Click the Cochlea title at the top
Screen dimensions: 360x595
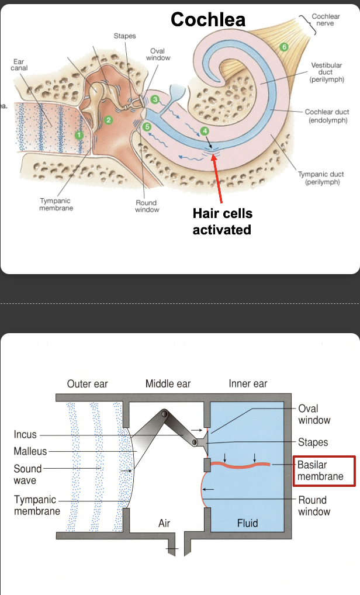coord(208,19)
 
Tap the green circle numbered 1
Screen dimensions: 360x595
coord(80,135)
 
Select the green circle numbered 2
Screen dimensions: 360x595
coord(108,119)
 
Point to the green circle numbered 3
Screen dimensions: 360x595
coord(154,99)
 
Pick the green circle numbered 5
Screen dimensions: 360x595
coord(284,46)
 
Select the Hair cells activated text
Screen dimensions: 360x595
coord(222,222)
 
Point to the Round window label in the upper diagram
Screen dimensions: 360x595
coord(147,206)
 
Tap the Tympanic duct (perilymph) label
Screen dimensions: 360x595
coord(321,178)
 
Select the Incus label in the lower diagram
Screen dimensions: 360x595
coord(25,435)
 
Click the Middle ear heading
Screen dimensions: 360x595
coord(168,383)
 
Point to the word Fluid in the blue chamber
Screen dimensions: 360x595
coord(248,523)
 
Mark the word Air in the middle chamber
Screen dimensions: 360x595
coord(164,523)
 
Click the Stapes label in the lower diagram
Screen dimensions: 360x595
coord(313,442)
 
